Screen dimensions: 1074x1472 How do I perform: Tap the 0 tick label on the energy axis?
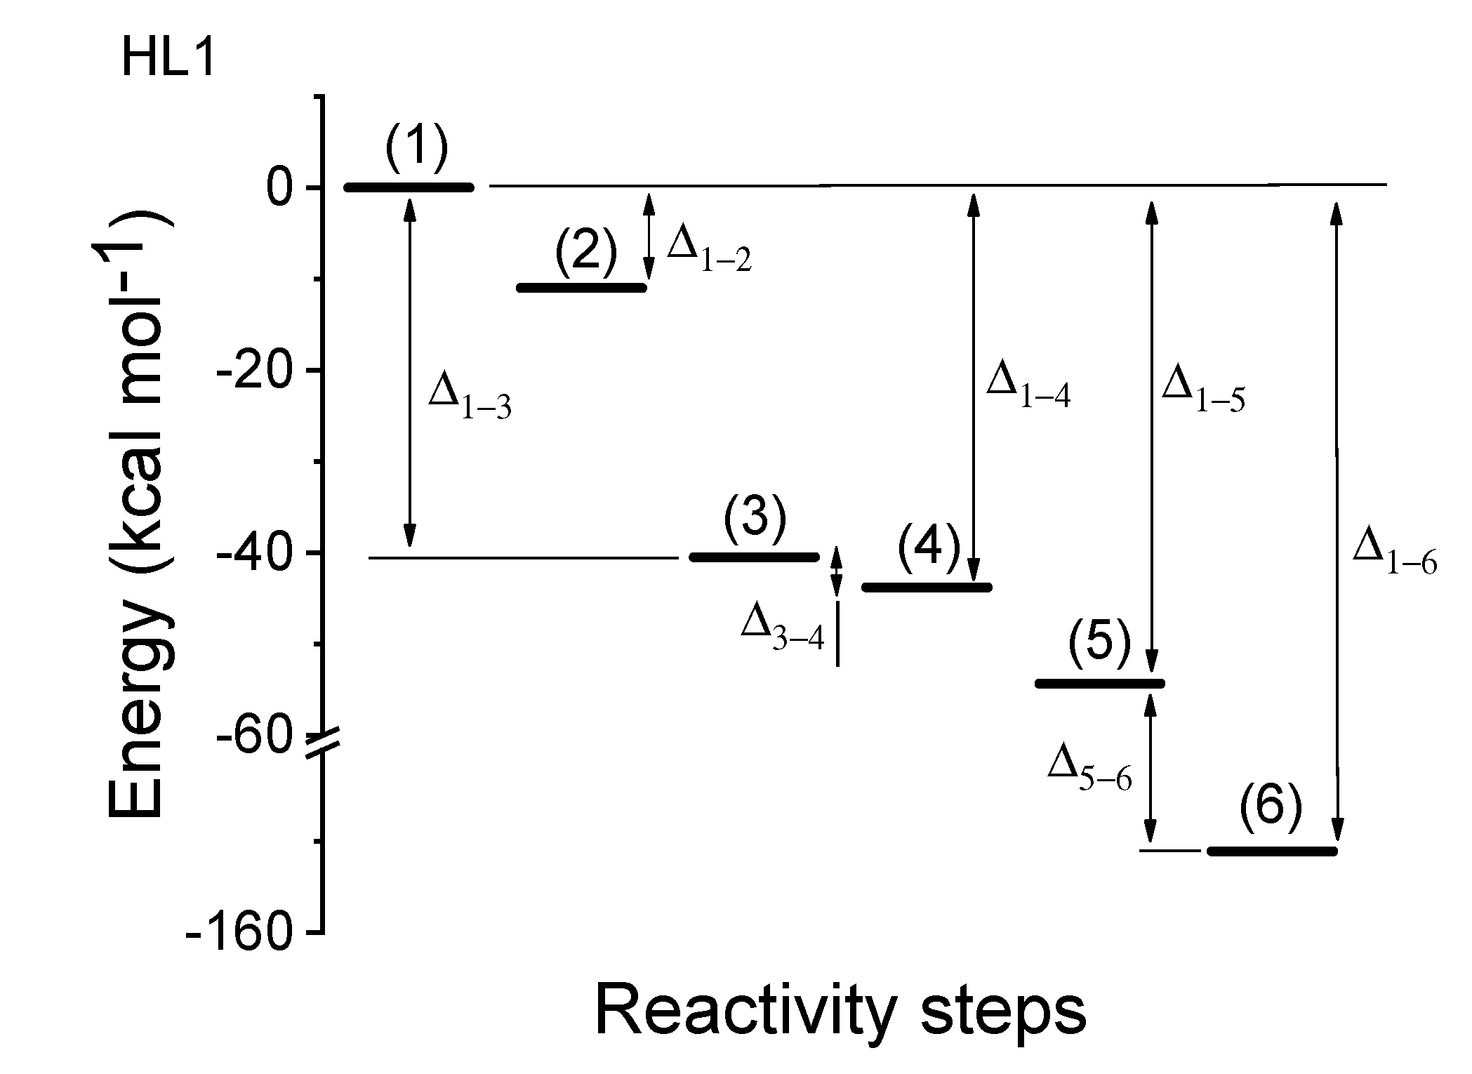[279, 187]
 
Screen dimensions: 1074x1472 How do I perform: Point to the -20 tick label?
[254, 370]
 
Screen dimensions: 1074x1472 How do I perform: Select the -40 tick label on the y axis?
[254, 554]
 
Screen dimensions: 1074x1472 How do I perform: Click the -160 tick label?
[239, 933]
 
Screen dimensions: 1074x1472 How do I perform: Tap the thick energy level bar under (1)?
[409, 187]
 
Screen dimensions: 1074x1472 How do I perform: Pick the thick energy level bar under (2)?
[581, 287]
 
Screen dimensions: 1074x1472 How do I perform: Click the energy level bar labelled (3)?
[755, 557]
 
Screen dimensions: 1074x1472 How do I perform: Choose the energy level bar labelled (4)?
[927, 587]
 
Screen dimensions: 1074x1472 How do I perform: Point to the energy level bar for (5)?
[1100, 683]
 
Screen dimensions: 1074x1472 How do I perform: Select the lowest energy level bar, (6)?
[1272, 851]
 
